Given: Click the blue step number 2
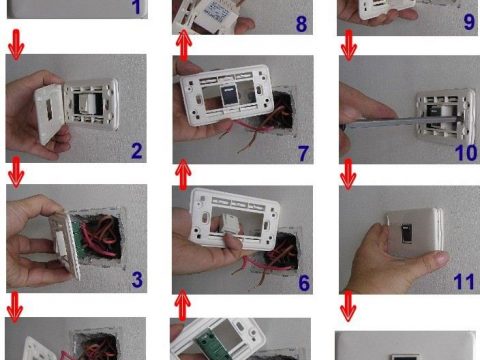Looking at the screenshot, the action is [137, 151].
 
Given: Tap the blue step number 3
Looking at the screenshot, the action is [137, 280].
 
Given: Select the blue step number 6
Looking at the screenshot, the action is [304, 283].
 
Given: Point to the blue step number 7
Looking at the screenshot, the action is [303, 153].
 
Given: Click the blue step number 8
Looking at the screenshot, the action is [301, 24].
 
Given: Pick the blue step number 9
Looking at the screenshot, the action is [469, 22].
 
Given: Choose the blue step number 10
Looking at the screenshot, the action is [466, 153].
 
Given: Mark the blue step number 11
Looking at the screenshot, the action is [464, 282].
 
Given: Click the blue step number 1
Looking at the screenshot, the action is [136, 7].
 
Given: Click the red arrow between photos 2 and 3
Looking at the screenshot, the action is [16, 173].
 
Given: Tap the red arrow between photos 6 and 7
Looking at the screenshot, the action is [183, 174].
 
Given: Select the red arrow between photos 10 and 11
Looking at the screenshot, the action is [348, 174].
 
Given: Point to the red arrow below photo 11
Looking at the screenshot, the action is [348, 306].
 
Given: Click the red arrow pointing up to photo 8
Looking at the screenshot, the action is [183, 45].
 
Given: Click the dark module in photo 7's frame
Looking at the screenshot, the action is [229, 95].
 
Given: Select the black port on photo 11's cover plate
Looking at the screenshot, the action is [407, 234].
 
